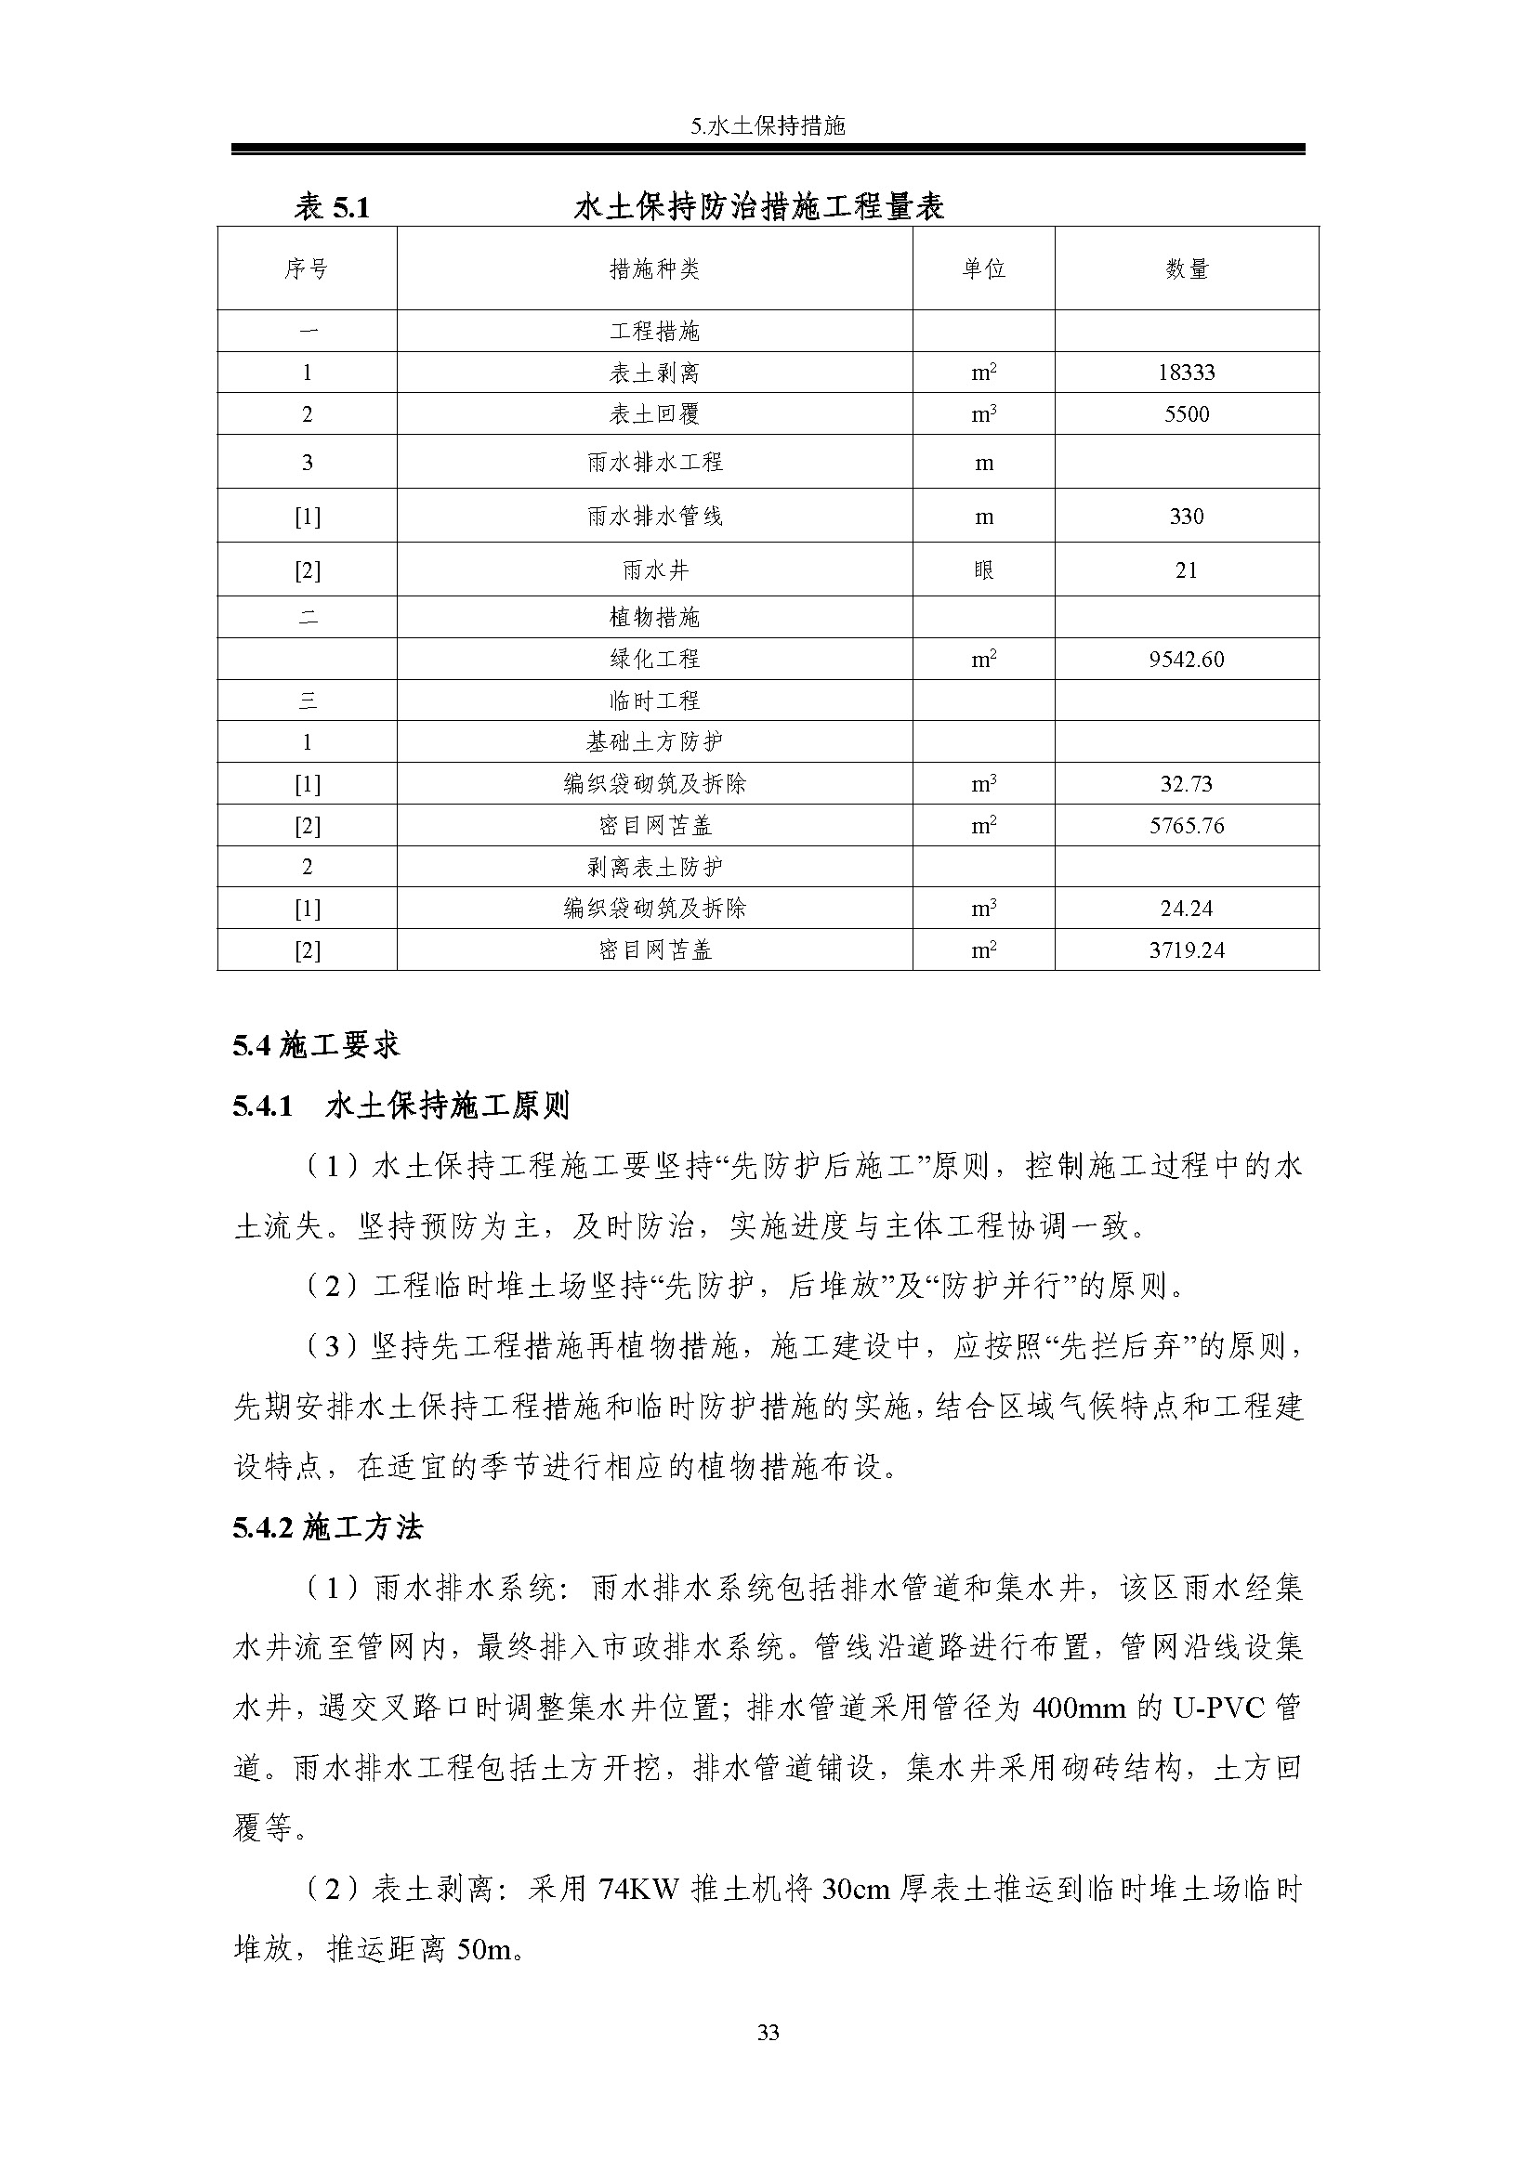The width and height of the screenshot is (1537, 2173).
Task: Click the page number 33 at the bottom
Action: pos(768,2032)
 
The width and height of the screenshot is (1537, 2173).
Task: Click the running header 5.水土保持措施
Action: pos(768,125)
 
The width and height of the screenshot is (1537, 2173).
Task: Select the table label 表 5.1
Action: pos(331,206)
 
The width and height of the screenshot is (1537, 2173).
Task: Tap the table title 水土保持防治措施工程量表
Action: pos(759,206)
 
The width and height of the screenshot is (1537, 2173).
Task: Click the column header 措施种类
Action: pos(654,269)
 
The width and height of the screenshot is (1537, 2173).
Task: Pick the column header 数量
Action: pos(1186,269)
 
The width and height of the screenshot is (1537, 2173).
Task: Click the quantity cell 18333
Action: pos(1186,373)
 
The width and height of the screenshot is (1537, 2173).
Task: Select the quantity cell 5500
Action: pos(1186,414)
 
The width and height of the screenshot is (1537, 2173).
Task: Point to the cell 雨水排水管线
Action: pos(654,517)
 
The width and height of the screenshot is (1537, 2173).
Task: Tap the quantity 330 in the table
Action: pos(1186,517)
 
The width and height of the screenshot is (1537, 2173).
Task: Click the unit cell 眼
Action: pos(983,570)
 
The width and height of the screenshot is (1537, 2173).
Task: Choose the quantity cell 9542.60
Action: pos(1186,660)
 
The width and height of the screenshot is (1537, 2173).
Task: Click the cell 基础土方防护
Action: pos(654,743)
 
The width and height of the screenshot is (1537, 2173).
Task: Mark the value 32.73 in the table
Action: pos(1186,785)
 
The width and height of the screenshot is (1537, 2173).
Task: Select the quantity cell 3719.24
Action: pos(1186,950)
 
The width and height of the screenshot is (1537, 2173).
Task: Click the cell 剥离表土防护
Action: pos(654,867)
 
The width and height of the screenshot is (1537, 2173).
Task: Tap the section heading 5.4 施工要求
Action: pos(316,1046)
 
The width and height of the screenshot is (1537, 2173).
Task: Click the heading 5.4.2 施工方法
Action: pos(327,1527)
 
